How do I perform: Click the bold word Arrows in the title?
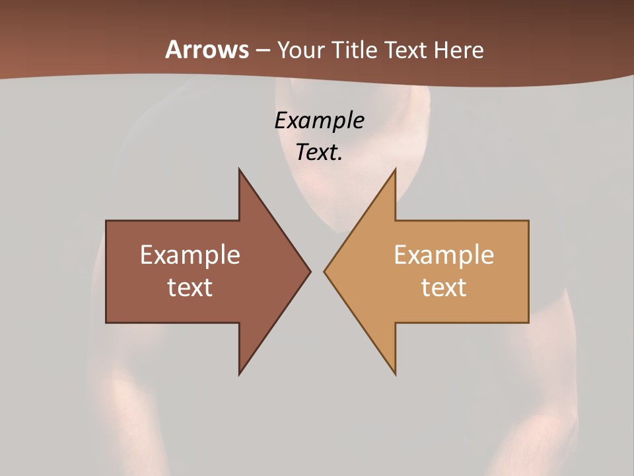[x=207, y=50]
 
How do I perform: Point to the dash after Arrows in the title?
[x=262, y=51]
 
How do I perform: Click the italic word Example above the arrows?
[x=320, y=120]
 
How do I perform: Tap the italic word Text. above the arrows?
[x=320, y=152]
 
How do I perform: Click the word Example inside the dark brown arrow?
[x=190, y=255]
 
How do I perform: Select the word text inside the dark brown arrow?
[x=190, y=287]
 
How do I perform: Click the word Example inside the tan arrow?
[x=444, y=255]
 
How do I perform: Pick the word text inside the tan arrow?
[x=444, y=287]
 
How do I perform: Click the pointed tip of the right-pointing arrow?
[x=310, y=271]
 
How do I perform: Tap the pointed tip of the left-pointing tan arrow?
[x=324, y=271]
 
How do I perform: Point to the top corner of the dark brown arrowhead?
[x=239, y=169]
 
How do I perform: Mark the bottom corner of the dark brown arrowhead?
[x=239, y=374]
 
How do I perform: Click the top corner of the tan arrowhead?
[x=396, y=169]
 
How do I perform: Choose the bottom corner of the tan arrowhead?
[x=396, y=374]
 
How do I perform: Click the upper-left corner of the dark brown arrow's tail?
[x=106, y=221]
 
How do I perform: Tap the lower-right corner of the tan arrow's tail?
[x=528, y=322]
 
